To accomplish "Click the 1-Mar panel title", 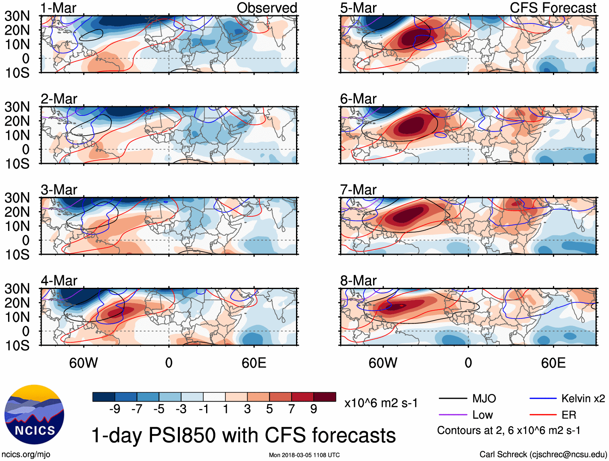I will (58, 8).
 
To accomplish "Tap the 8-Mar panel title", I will (358, 280).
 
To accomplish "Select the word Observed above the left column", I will (267, 8).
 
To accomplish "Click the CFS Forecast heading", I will (553, 8).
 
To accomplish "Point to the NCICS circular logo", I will (34, 415).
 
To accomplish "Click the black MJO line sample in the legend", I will (453, 399).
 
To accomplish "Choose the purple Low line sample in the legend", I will (453, 415).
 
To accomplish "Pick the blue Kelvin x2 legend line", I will (543, 399).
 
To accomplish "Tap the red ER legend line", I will (543, 415).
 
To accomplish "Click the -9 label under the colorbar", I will (115, 409).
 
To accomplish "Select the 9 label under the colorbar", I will (314, 409).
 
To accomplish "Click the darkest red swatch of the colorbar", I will (325, 397).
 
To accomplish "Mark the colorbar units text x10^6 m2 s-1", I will (381, 403).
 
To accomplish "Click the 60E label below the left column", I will (254, 363).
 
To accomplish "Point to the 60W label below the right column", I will (383, 363).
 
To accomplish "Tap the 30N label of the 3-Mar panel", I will (17, 198).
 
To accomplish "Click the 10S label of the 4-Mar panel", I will (17, 346).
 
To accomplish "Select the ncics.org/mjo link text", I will (26, 455).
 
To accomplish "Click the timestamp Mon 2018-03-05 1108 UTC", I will (304, 455).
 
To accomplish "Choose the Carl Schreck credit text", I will (543, 455).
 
